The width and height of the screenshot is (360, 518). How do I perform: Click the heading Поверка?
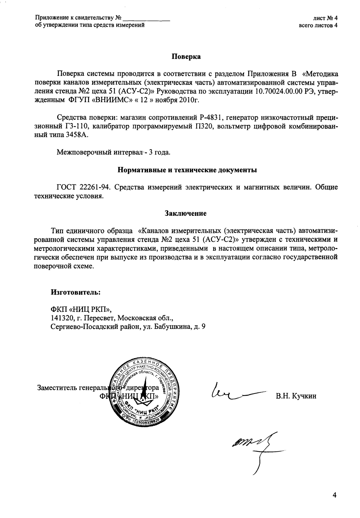(186, 57)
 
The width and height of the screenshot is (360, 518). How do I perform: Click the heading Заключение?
(186, 213)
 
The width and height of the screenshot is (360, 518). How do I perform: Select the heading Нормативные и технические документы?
(187, 170)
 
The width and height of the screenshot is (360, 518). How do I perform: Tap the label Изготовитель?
(75, 292)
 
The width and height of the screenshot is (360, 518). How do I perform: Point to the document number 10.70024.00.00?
(279, 91)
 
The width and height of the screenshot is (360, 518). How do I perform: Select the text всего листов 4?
(318, 25)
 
